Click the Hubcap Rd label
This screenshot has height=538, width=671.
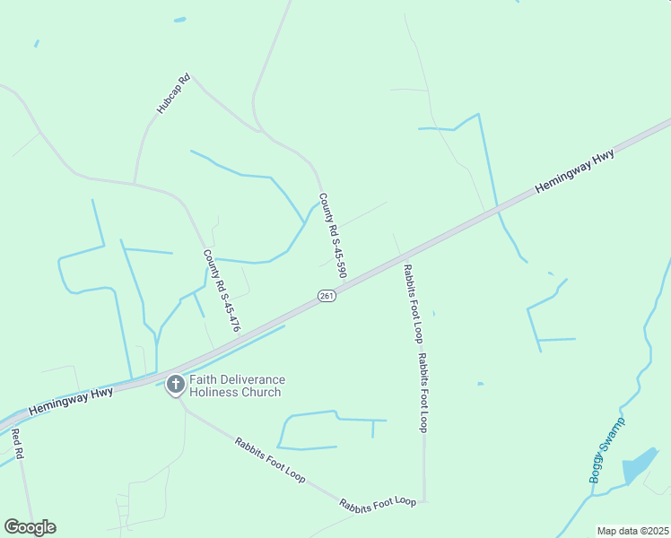click(x=174, y=93)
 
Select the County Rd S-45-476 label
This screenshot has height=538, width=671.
click(x=222, y=291)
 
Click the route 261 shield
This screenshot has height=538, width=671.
click(x=327, y=296)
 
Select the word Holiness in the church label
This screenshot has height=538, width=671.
click(x=215, y=392)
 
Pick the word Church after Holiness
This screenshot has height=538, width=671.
click(x=262, y=392)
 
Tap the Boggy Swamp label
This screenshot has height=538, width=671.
click(x=606, y=450)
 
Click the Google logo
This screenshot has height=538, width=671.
click(x=30, y=527)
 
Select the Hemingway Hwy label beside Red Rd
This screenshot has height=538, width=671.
click(x=70, y=400)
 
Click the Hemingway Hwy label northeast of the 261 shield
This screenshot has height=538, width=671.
click(x=574, y=170)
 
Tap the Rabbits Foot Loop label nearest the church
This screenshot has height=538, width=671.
click(x=270, y=460)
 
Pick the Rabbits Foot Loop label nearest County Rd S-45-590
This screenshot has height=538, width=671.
click(x=412, y=303)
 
